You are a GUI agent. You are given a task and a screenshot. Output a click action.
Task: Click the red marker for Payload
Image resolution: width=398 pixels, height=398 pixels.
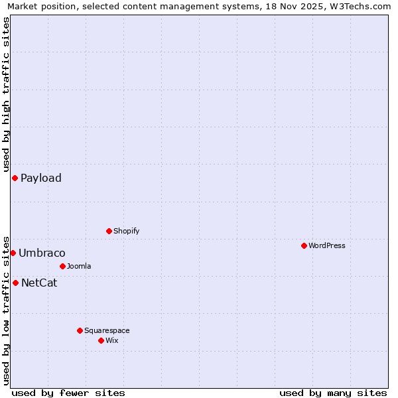15,178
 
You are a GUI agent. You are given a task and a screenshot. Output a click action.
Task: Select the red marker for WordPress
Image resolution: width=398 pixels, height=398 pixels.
304,245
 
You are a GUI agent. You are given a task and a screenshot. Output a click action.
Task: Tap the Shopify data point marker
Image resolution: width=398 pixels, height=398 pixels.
109,231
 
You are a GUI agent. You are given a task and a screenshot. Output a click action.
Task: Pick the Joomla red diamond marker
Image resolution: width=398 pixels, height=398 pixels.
62,266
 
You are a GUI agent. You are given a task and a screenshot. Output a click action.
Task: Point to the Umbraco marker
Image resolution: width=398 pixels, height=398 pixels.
13,253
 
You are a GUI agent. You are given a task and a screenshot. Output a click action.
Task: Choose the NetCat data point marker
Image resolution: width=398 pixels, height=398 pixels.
15,283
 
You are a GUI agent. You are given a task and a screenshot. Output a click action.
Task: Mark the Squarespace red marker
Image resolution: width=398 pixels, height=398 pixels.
80,330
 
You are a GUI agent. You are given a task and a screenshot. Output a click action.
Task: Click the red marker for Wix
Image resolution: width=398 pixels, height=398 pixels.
101,340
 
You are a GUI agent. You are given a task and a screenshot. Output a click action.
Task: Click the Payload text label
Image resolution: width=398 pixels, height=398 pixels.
41,178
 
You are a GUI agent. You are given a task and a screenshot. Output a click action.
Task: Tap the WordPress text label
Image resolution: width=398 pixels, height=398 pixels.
327,245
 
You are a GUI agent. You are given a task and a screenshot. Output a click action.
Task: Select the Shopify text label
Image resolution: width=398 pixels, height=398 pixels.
127,231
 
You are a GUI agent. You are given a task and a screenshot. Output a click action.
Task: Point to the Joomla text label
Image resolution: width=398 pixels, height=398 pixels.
79,266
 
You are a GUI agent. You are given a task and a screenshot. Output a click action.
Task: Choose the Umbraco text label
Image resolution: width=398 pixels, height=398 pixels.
42,253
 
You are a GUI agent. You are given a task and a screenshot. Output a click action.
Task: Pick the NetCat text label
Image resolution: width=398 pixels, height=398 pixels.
39,283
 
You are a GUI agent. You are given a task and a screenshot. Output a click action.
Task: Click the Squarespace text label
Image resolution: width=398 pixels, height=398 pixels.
107,330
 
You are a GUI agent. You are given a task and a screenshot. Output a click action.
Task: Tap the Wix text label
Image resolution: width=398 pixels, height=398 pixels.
112,340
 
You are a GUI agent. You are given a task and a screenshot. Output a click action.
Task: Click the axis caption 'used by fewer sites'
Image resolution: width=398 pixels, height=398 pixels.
68,393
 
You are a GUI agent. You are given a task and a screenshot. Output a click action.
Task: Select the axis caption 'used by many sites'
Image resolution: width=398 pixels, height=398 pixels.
333,393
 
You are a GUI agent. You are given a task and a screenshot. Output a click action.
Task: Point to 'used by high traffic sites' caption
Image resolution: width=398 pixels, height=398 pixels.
6,94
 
